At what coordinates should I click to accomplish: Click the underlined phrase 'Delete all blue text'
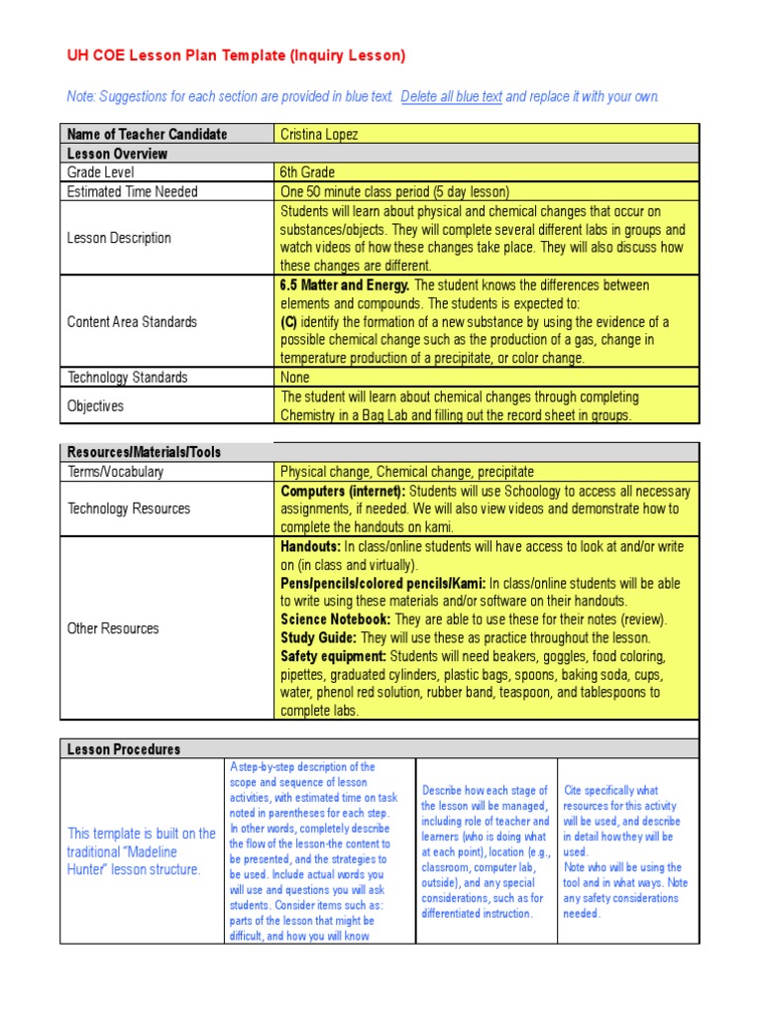[452, 97]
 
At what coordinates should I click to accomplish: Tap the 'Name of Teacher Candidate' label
[147, 134]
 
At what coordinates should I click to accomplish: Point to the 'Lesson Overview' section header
[117, 154]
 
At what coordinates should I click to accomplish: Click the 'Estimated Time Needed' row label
[132, 191]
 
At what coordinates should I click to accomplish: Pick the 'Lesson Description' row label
[119, 238]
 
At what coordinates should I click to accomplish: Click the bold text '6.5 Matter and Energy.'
[345, 285]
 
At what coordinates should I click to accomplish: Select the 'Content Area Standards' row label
[132, 322]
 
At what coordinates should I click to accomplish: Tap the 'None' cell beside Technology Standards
[295, 377]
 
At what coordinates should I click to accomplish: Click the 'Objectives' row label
[95, 405]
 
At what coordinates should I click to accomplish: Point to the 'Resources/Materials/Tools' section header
[144, 452]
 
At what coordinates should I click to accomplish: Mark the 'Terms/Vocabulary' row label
[115, 472]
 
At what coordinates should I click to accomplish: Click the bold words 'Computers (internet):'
[343, 491]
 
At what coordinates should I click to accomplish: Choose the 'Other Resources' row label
[112, 628]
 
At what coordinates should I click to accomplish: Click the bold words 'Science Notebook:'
[336, 620]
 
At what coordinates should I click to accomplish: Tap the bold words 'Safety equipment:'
[334, 656]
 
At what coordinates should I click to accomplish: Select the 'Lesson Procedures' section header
[123, 749]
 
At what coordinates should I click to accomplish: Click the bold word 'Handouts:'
[310, 546]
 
